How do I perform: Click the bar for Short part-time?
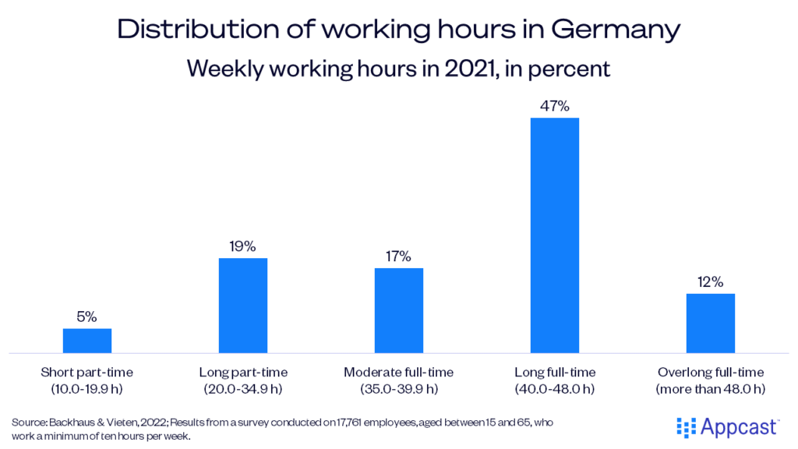point(87,341)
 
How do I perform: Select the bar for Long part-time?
point(243,306)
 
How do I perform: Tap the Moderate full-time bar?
point(399,310)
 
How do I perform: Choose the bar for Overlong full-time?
point(711,323)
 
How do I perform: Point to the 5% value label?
point(87,316)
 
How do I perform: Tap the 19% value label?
point(243,246)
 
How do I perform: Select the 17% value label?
point(399,256)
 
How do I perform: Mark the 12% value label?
point(711,281)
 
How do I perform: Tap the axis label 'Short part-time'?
point(87,373)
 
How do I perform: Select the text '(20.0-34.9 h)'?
point(243,388)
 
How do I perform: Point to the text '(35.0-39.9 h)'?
point(399,388)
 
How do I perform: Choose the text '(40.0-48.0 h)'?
point(555,388)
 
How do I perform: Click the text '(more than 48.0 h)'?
point(711,388)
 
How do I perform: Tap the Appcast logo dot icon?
point(686,426)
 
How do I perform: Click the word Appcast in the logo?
point(736,426)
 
